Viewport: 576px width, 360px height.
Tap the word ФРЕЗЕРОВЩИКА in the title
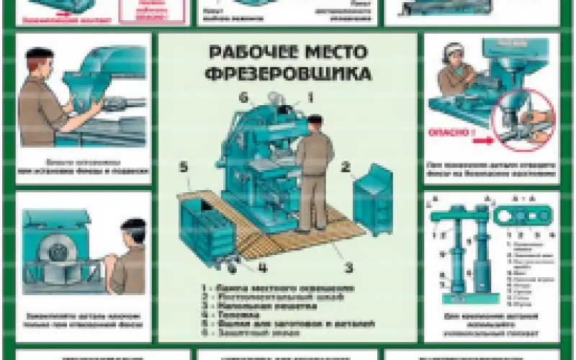[287, 73]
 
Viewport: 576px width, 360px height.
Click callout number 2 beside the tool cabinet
[346, 167]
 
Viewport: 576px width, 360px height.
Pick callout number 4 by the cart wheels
[263, 270]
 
